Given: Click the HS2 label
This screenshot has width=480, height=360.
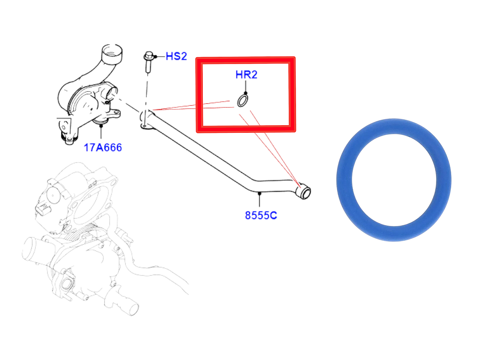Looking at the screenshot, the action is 176,56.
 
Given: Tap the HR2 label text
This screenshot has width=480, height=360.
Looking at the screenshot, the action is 246,75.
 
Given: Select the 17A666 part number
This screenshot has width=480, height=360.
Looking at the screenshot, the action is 103,148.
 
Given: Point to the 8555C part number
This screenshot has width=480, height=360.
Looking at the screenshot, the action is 261,215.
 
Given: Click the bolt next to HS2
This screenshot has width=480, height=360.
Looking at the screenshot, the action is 149,62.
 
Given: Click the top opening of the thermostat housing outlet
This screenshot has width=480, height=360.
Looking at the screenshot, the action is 112,51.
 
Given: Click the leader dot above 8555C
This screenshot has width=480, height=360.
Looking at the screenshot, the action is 259,194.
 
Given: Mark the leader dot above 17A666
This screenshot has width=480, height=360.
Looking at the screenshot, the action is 101,126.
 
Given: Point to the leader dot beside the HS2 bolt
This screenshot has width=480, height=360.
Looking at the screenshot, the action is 155,57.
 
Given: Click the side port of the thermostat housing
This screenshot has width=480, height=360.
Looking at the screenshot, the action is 112,92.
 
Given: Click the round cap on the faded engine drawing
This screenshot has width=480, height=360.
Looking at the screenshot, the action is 53,195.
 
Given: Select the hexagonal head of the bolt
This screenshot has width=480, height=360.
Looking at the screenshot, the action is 149,55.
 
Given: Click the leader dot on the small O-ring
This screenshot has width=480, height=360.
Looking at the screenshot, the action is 246,93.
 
